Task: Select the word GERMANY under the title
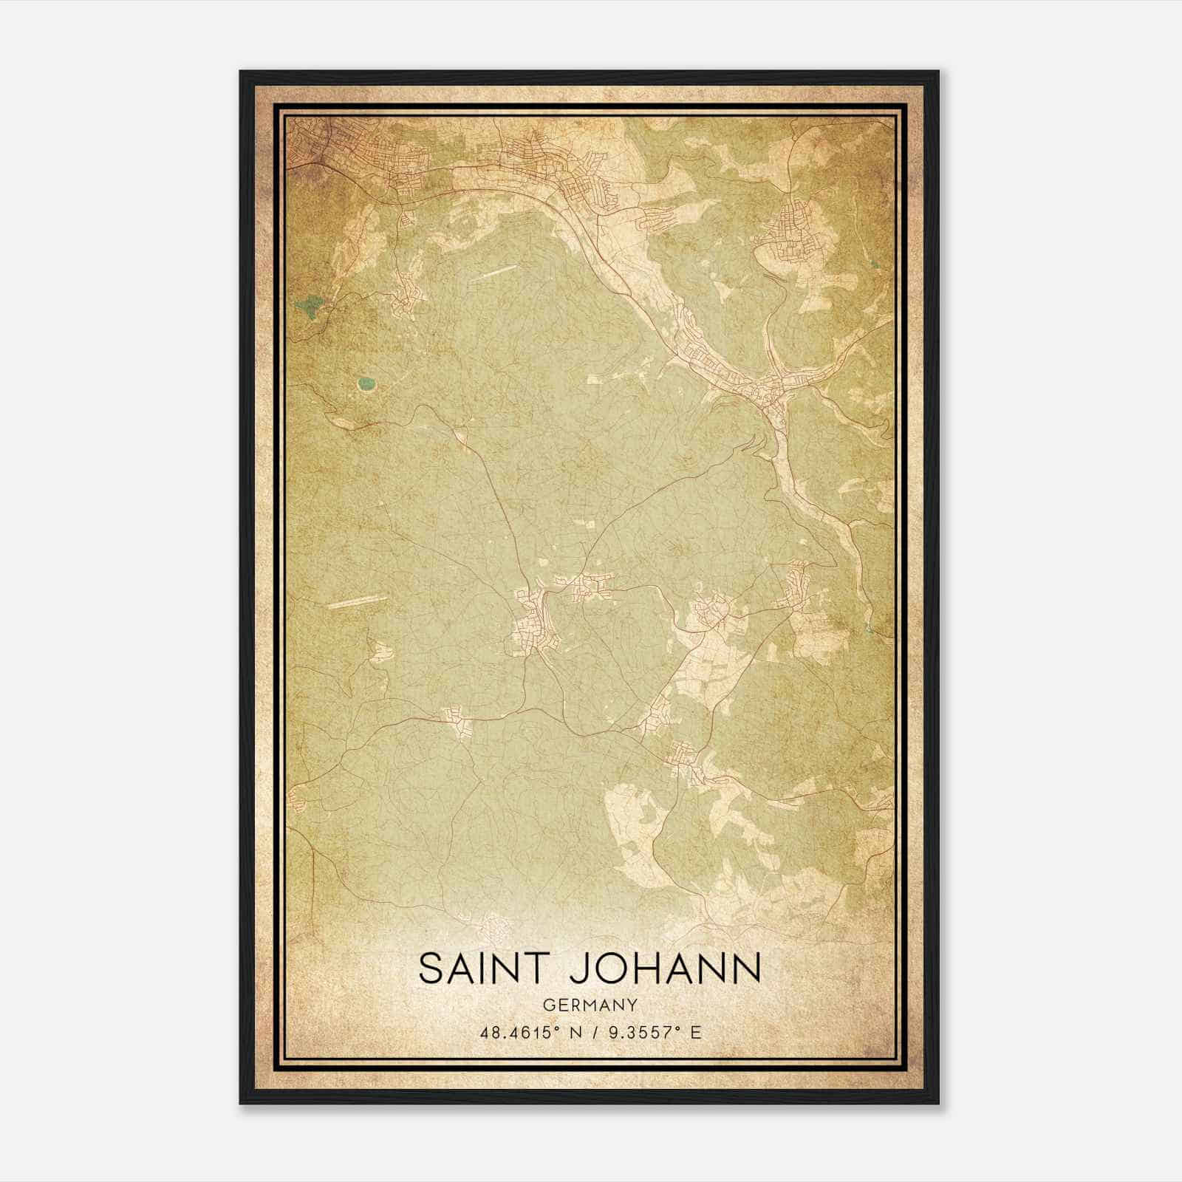590,1005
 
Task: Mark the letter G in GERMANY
547,1005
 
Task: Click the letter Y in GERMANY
632,1005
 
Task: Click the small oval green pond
365,383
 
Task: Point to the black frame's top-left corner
241,72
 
